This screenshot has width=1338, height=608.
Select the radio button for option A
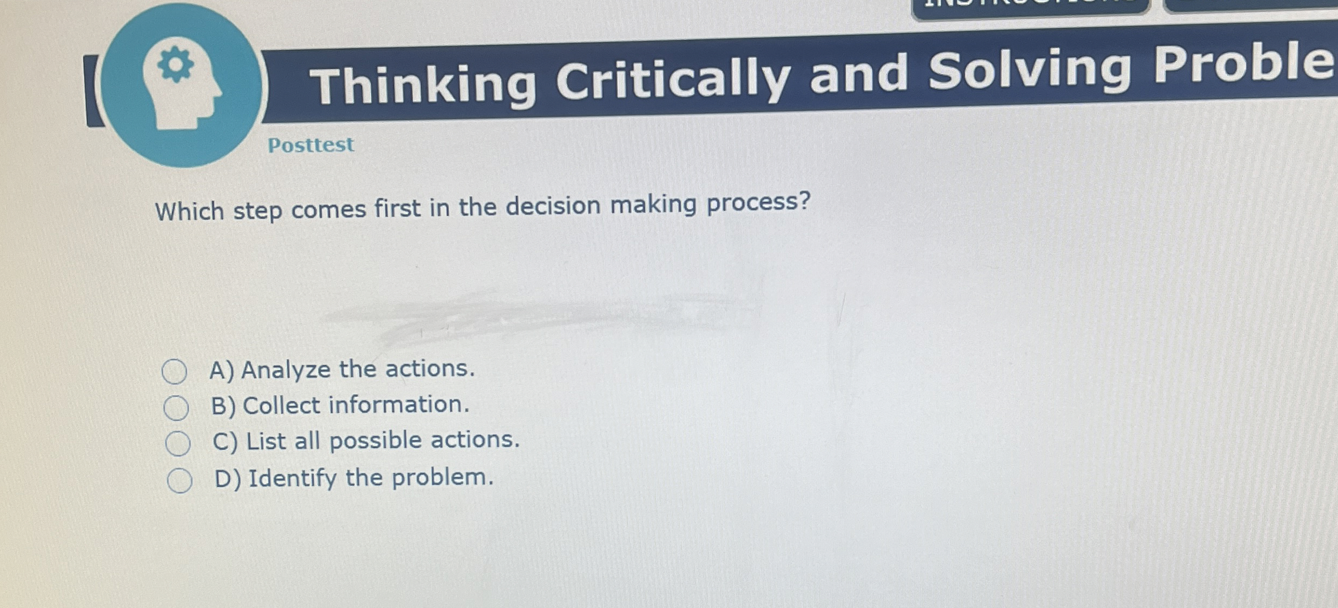[x=175, y=372]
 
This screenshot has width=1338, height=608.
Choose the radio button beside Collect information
[x=176, y=408]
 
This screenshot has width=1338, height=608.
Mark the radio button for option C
[x=178, y=444]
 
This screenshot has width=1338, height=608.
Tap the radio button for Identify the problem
[x=180, y=480]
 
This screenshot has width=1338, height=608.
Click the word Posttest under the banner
[x=311, y=145]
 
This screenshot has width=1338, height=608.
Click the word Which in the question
[x=189, y=211]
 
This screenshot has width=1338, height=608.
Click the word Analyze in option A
[x=286, y=371]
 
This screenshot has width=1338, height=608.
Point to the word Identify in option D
[x=292, y=479]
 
